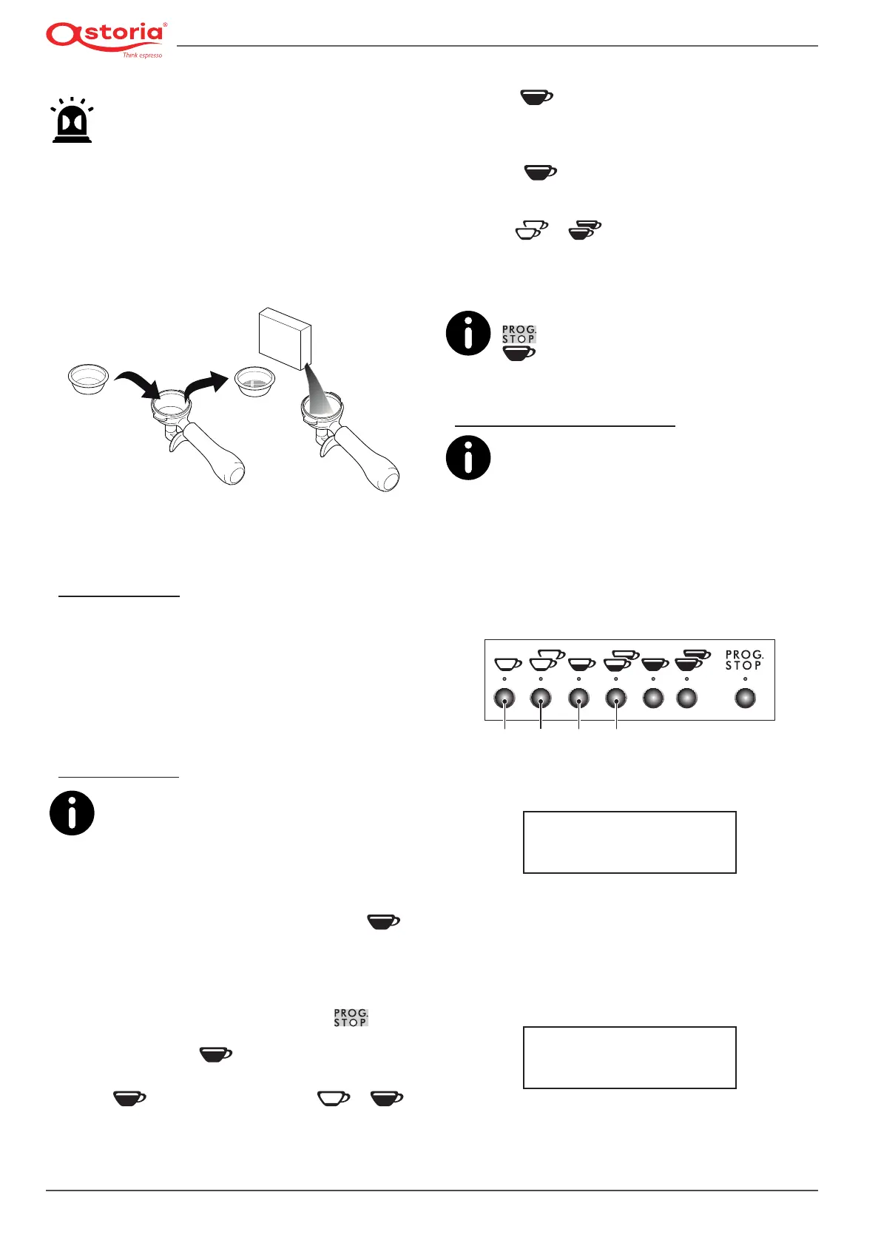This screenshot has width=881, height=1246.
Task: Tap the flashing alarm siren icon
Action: coord(72,121)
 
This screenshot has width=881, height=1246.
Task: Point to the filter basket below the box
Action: coord(254,380)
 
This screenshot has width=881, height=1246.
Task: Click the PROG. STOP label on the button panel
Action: coord(743,660)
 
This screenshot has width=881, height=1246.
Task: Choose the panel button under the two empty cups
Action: coord(541,698)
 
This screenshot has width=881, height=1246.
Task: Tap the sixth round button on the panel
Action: coord(687,698)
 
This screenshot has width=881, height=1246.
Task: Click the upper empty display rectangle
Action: coord(629,842)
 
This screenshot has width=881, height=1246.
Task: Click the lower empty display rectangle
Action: coord(629,1057)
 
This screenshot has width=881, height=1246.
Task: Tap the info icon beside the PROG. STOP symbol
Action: coord(468,334)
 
